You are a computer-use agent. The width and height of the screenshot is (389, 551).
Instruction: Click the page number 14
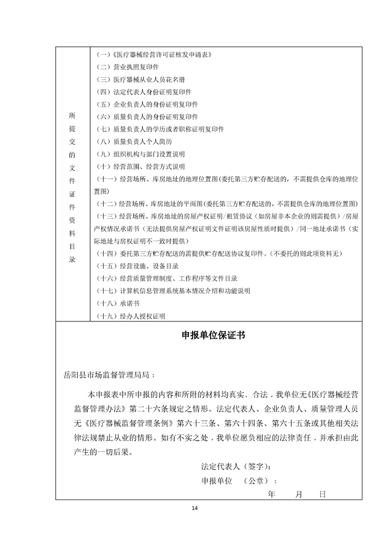pos(195,508)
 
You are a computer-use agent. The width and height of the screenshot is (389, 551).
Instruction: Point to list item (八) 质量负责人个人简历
pos(138,141)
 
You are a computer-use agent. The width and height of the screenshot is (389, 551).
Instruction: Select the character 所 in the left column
pos(73,115)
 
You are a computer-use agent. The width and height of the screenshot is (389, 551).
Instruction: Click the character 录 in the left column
pos(73,260)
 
